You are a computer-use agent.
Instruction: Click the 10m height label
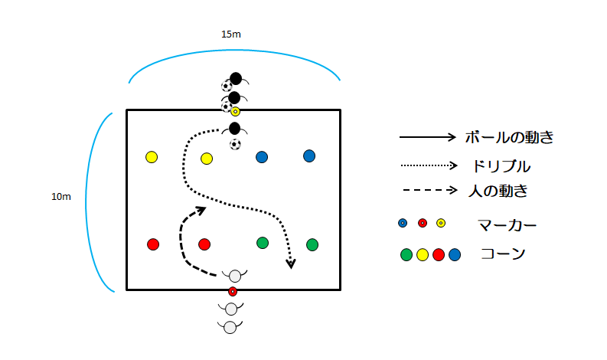(61, 197)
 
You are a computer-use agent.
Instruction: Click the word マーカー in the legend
(507, 224)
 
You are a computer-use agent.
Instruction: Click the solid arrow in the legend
(427, 138)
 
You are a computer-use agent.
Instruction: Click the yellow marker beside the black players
(236, 112)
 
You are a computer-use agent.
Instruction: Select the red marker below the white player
(233, 291)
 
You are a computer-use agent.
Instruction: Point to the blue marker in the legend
(403, 224)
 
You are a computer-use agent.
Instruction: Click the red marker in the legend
(423, 224)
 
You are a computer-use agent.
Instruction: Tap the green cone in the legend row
(406, 254)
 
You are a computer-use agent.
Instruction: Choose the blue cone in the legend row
(455, 254)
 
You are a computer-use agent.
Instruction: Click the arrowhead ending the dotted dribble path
(291, 264)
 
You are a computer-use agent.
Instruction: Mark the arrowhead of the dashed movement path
(201, 208)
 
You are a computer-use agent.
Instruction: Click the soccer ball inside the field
(235, 144)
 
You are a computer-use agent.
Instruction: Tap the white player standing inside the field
(235, 275)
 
